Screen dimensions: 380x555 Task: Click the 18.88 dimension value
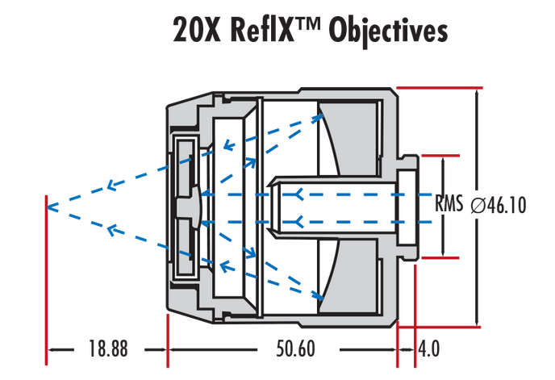click(107, 349)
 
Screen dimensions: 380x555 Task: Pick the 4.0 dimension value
click(428, 349)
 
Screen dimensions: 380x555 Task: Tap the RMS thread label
click(449, 204)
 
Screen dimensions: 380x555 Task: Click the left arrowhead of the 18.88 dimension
click(52, 349)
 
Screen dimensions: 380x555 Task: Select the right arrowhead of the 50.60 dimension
click(395, 349)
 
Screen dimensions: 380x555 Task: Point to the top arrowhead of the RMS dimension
click(442, 160)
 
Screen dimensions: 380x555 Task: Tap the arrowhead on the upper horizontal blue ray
click(300, 194)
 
